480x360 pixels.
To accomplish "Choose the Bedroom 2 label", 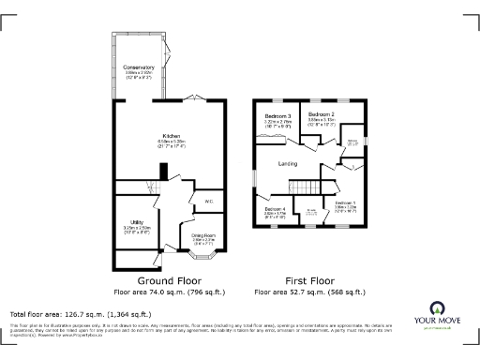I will (322, 114).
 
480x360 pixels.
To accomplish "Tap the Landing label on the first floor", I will (288, 164).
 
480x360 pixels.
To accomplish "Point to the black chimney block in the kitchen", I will (163, 172).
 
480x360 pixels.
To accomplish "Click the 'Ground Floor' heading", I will (169, 280).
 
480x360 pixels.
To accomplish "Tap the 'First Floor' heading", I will (310, 280).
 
